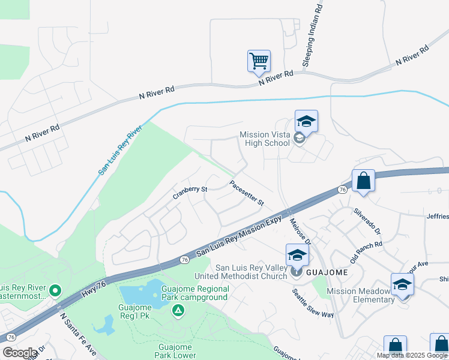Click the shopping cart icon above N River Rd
pos(259,61)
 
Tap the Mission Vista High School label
pos(265,139)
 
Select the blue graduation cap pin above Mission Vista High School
pos(306,122)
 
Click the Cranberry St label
pos(190,190)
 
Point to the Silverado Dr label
pos(367,220)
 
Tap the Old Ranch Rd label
pos(366,254)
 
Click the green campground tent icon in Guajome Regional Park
pos(178,310)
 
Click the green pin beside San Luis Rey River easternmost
pos(55,291)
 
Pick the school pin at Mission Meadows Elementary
pos(402,285)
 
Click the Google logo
pos(20,353)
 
